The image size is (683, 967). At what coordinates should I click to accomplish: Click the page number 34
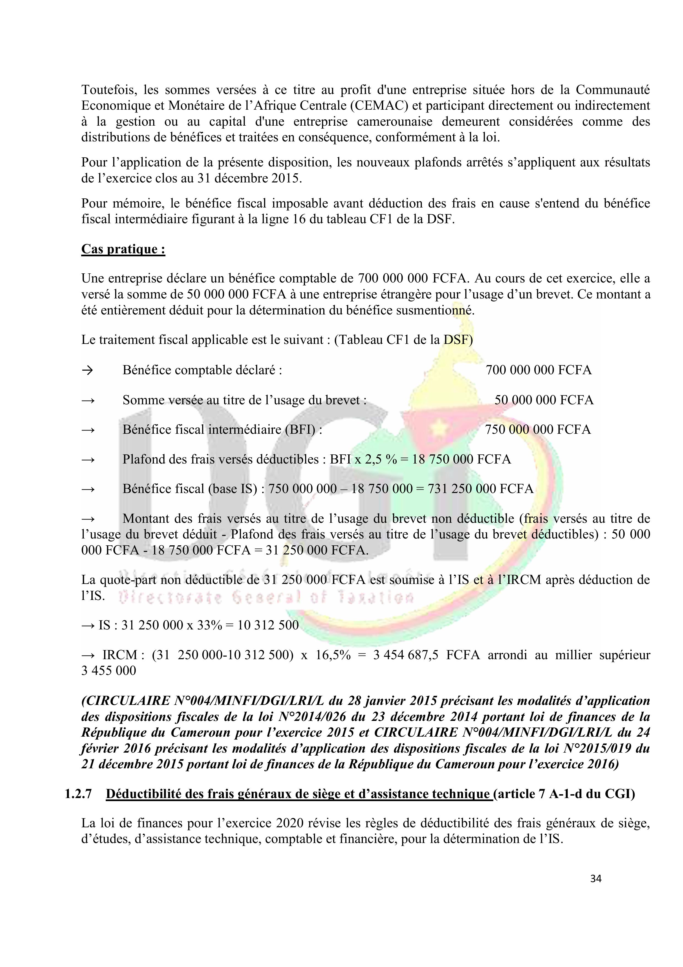coord(595,879)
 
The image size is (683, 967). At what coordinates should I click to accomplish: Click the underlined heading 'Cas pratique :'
coord(123,249)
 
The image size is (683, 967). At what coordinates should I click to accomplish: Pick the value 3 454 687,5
coord(405,655)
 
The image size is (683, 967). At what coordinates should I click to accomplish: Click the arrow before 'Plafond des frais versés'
coord(88,459)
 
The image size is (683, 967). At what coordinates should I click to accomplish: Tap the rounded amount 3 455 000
coord(108,670)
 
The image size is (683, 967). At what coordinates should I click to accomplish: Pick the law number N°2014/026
coord(422,717)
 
